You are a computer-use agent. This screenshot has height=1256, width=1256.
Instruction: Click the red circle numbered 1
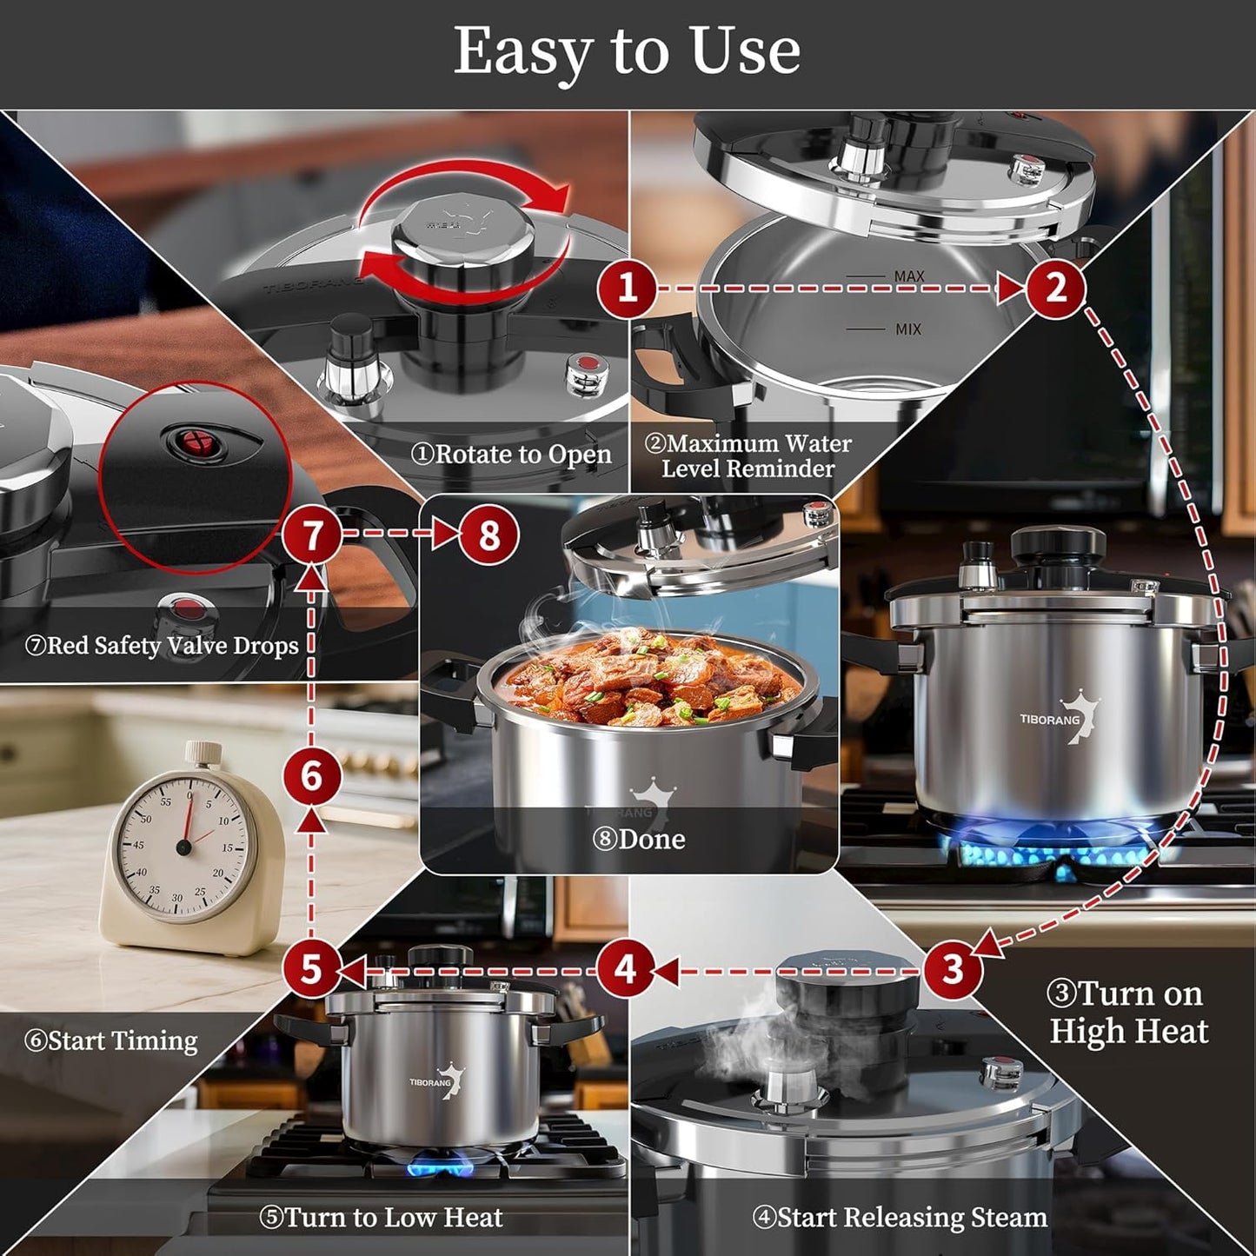click(627, 288)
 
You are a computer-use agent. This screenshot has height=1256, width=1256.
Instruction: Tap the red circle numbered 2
click(1055, 288)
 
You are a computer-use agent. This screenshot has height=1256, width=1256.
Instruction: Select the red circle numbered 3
click(953, 969)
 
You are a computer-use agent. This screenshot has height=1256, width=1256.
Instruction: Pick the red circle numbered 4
click(626, 969)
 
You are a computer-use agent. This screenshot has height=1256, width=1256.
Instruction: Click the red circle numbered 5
click(311, 969)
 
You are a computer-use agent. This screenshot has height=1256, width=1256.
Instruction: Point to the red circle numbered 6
click(311, 775)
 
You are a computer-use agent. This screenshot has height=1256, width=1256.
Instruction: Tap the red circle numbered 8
click(488, 535)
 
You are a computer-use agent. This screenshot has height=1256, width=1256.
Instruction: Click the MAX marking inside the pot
click(909, 276)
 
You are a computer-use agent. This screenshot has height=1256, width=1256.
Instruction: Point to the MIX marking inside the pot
click(908, 329)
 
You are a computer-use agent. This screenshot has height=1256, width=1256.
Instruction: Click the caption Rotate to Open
click(511, 455)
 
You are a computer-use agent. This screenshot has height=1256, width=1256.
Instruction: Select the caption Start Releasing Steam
click(900, 1218)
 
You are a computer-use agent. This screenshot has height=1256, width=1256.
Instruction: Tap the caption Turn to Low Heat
click(382, 1218)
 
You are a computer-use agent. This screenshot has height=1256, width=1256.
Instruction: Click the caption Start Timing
click(111, 1040)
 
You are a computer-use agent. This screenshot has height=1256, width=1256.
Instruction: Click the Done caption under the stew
click(639, 839)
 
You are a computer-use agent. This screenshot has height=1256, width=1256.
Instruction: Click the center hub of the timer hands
click(183, 847)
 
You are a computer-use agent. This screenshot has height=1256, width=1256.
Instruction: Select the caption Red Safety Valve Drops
click(162, 646)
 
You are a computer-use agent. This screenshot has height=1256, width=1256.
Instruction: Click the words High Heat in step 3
click(1128, 1032)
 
